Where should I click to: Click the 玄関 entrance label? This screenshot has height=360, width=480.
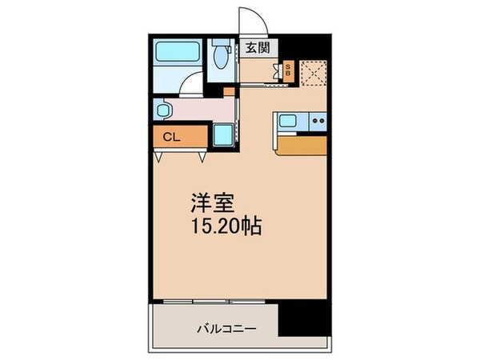(258, 47)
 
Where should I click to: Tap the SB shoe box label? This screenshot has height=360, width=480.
(288, 70)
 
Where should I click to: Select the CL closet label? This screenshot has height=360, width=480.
(171, 137)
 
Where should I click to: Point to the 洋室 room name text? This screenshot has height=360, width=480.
(213, 203)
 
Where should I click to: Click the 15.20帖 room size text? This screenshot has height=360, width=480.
(226, 226)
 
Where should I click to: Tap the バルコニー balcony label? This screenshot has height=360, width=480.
(226, 329)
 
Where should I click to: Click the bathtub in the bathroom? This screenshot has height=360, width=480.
(178, 51)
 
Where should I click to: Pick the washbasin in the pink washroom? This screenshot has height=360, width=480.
(163, 110)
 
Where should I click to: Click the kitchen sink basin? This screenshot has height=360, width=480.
(288, 120)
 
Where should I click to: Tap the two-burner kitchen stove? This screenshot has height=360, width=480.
(318, 122)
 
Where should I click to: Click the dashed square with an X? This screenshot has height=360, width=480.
(313, 73)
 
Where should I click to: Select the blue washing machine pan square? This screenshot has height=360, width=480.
(223, 134)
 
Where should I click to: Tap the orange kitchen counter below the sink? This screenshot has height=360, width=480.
(302, 146)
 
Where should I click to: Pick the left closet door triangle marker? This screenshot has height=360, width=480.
(158, 157)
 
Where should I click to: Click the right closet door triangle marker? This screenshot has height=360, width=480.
(202, 157)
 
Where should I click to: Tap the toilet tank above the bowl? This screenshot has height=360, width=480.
(221, 42)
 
